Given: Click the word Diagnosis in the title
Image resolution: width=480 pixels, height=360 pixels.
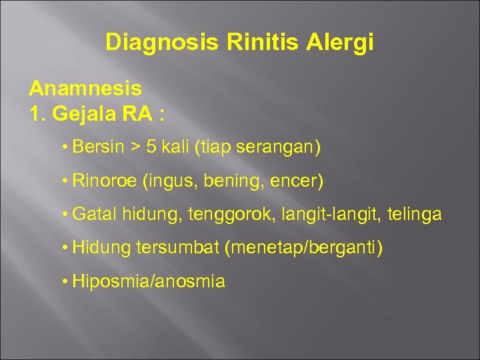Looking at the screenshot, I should [x=162, y=43].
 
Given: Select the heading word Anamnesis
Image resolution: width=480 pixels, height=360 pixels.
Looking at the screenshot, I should [x=85, y=88].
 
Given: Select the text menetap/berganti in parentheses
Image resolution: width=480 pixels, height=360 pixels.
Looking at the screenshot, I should [x=305, y=248].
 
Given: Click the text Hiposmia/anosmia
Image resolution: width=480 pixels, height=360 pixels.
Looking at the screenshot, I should [x=148, y=281].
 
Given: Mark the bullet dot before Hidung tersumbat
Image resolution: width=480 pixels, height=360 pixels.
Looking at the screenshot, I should [x=63, y=248].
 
